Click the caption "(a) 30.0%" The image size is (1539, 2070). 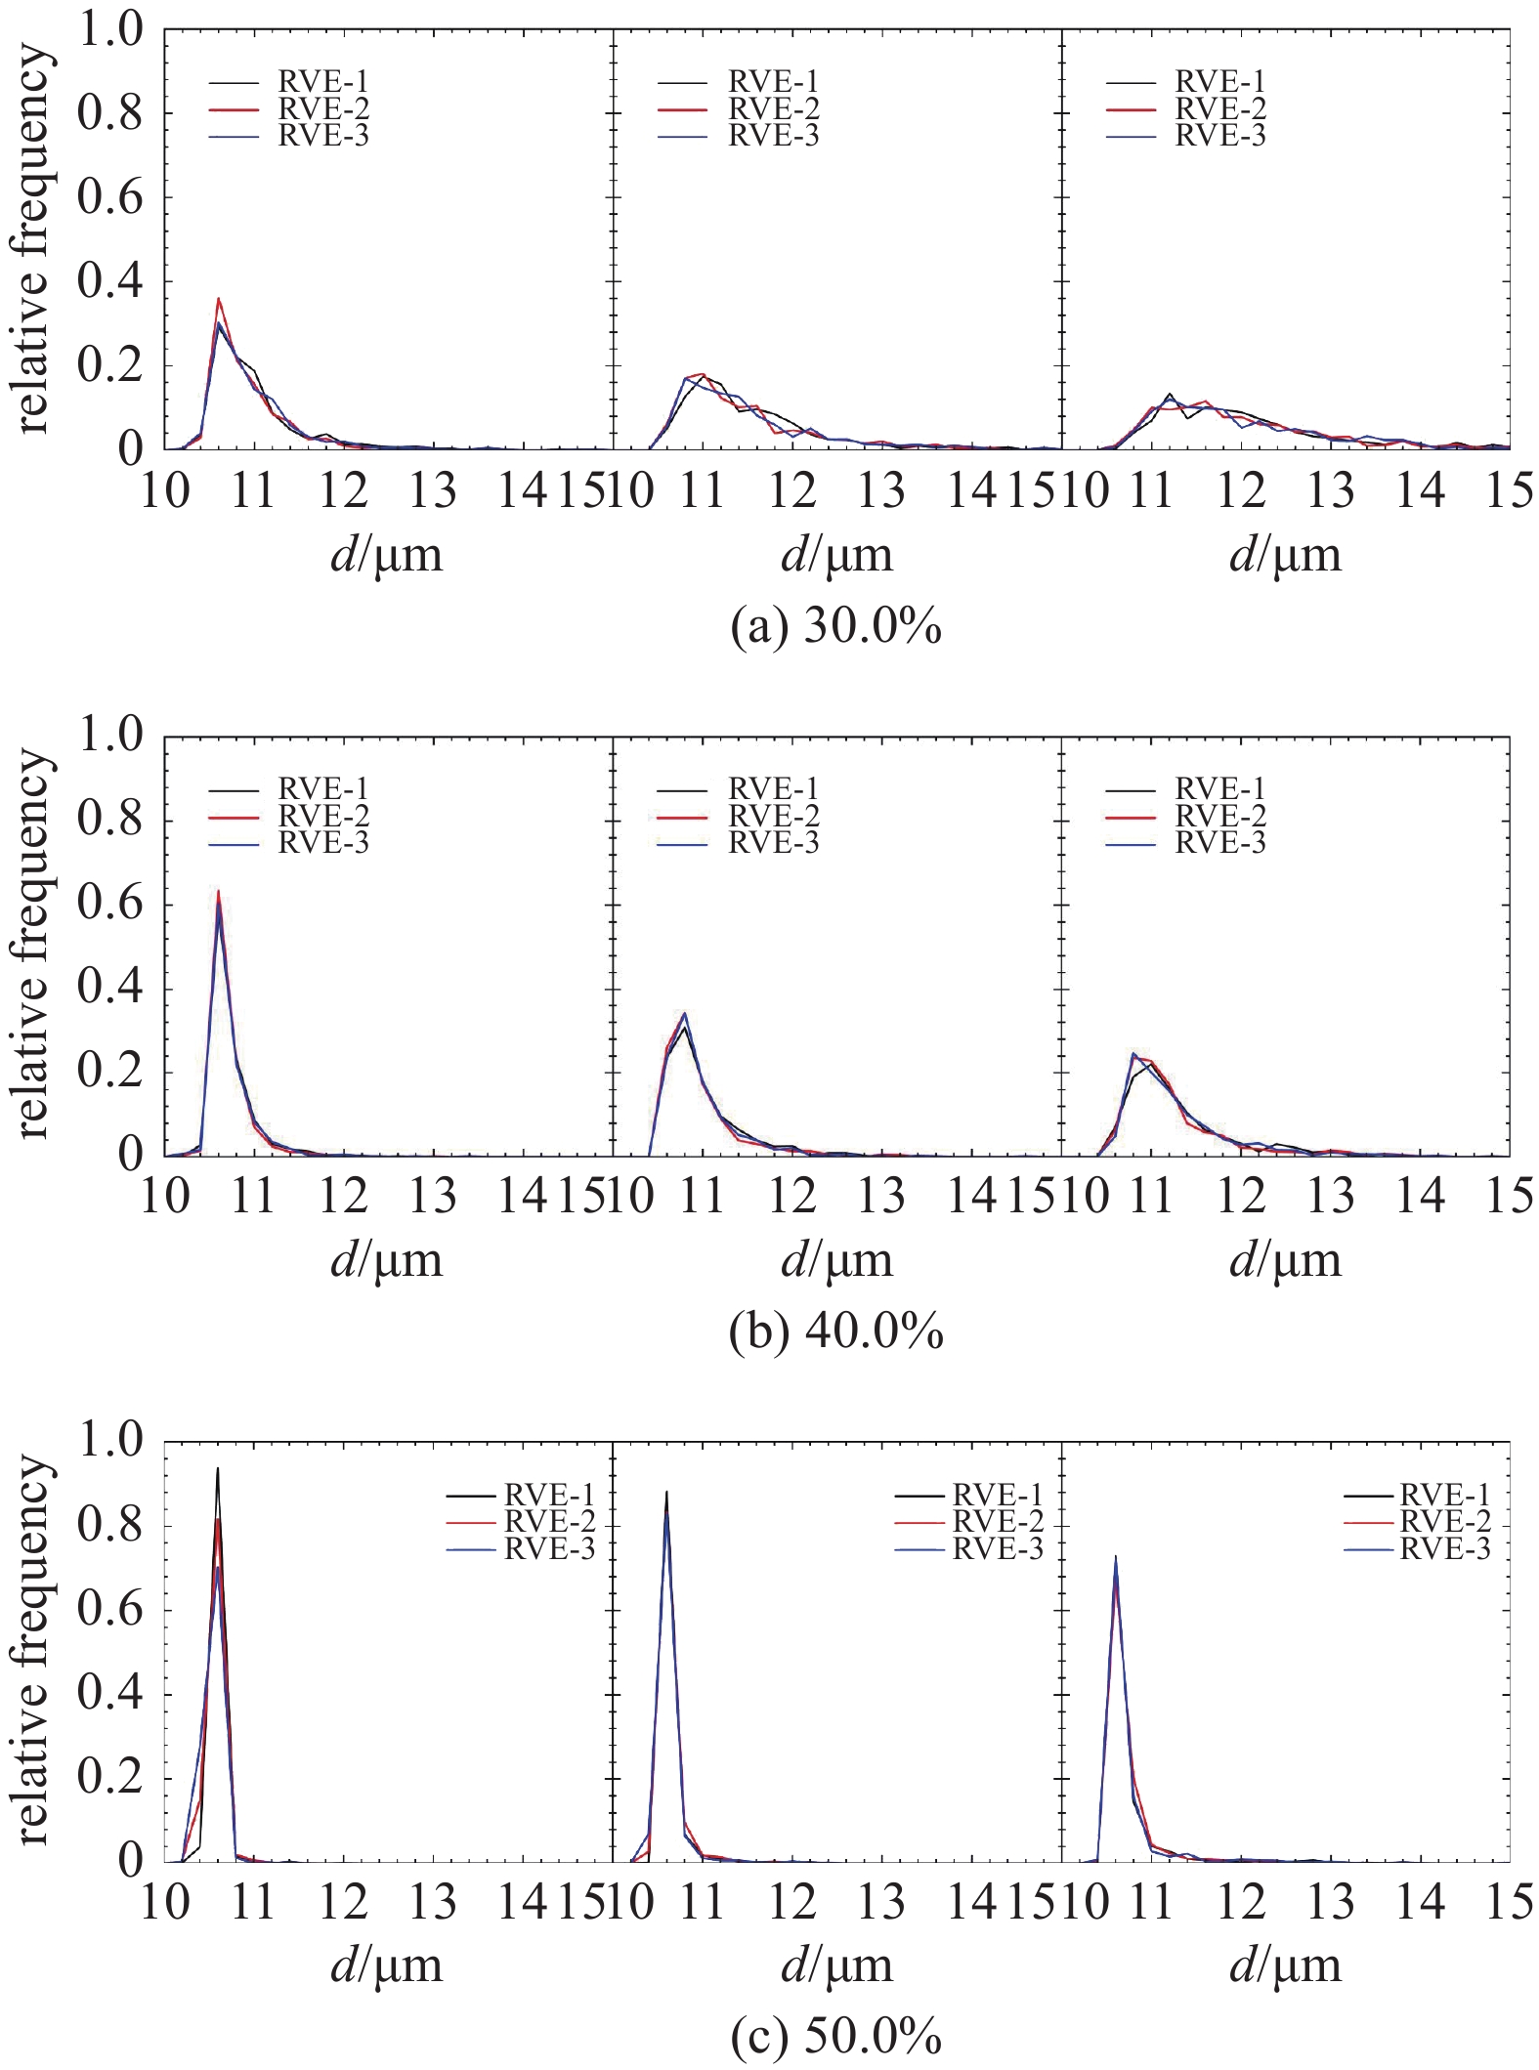[x=836, y=626]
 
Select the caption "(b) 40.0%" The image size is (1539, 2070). [x=836, y=1331]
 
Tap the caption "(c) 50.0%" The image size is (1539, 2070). [x=836, y=2037]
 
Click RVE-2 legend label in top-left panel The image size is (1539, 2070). [x=323, y=108]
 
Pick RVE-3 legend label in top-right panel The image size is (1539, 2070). [x=1220, y=136]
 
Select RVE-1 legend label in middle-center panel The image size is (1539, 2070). [x=773, y=788]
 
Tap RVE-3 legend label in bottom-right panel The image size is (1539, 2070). [x=1445, y=1548]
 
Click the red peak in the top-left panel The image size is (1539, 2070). [x=219, y=299]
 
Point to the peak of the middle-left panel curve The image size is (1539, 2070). [x=218, y=891]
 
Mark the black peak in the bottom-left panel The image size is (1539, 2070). [x=217, y=1468]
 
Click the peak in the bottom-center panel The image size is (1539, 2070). [x=666, y=1492]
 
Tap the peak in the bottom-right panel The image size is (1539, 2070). [x=1115, y=1557]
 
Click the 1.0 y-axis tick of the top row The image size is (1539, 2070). [x=110, y=31]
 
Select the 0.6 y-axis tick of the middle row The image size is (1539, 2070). [x=110, y=905]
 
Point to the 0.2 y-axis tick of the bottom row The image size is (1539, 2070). [x=110, y=1778]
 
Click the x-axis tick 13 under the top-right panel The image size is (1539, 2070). [x=1330, y=490]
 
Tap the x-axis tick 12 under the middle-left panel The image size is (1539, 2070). [x=344, y=1197]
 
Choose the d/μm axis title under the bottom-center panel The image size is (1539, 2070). [x=836, y=1965]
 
